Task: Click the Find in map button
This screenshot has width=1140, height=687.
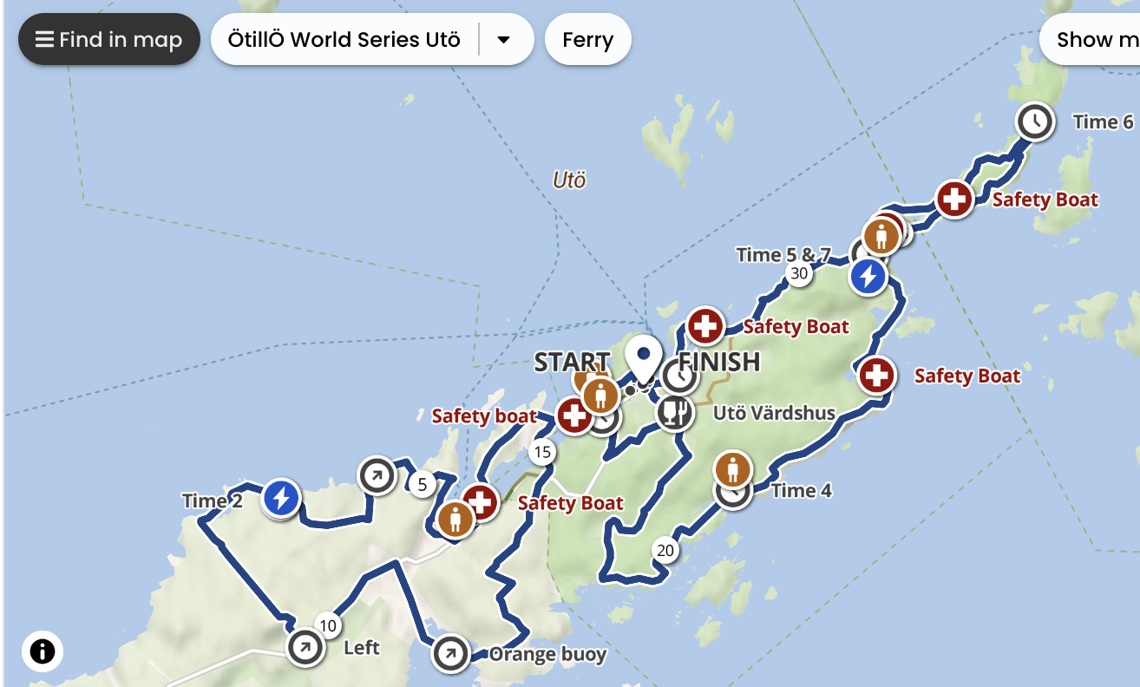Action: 109,40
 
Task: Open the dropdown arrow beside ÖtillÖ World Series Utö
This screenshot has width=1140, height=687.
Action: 503,40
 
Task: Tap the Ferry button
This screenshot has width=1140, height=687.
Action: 587,40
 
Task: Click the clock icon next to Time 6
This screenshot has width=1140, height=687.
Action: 1034,121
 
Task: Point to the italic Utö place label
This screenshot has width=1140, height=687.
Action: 569,180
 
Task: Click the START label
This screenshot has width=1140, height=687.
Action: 571,362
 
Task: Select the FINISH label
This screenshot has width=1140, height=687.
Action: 719,361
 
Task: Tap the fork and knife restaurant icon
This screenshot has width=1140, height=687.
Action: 674,412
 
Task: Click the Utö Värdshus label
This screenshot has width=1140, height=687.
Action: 774,413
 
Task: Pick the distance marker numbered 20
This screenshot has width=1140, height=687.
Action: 665,550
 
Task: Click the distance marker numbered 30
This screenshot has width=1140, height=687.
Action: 798,274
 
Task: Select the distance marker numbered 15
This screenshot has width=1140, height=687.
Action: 542,452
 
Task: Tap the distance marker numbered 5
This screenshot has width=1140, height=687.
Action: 423,484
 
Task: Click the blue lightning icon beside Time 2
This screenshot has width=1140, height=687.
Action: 280,499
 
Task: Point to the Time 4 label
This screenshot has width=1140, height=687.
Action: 801,491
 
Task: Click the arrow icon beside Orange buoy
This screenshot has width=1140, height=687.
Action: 450,654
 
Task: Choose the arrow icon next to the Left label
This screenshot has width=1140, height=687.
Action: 305,647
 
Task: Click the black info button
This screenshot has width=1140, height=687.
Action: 43,651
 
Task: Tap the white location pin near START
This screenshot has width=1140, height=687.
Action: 644,358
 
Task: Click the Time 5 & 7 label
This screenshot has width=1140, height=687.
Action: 783,255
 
